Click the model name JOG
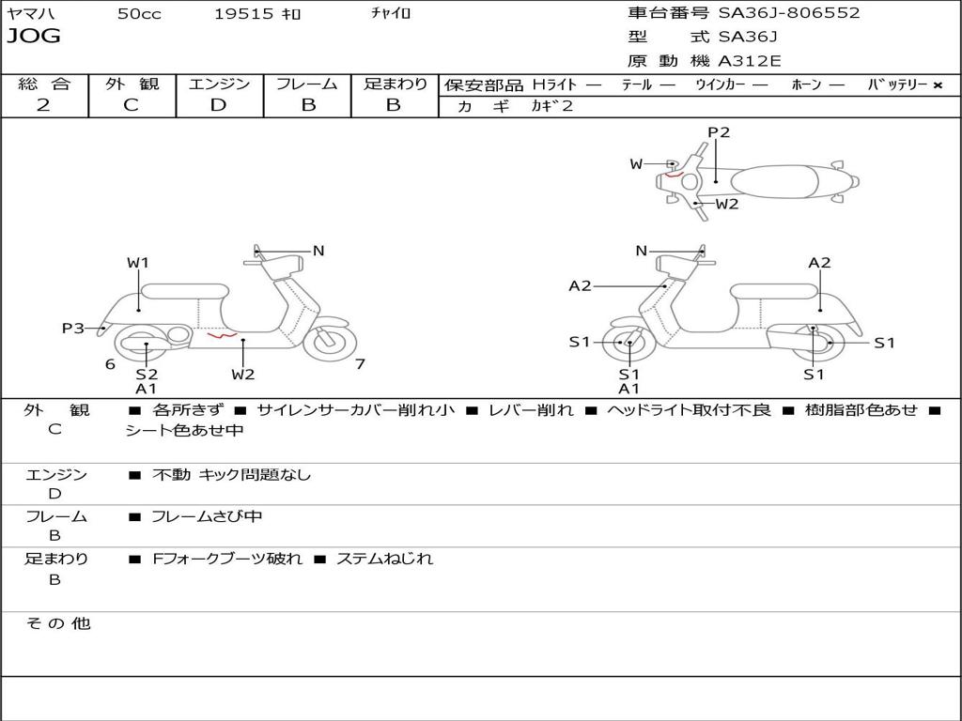(34, 36)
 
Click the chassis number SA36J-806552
(789, 13)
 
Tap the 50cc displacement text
(139, 14)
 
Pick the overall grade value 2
(43, 105)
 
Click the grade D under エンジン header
(218, 105)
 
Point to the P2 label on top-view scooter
(719, 132)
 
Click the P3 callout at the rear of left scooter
(73, 329)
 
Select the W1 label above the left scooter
(138, 263)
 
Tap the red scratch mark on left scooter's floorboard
(222, 335)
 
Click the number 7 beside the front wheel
(360, 364)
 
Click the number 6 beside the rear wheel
(111, 364)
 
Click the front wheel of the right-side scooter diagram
(626, 343)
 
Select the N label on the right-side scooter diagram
(642, 251)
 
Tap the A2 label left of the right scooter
(580, 285)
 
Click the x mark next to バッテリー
(938, 85)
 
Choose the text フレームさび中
(207, 517)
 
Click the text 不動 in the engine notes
(171, 474)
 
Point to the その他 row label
(58, 623)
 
